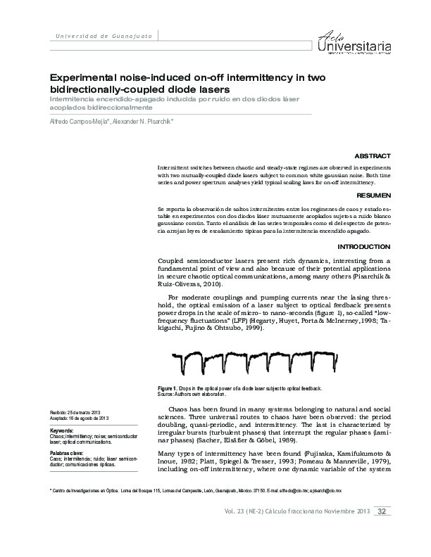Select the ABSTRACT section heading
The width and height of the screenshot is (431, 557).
click(x=373, y=155)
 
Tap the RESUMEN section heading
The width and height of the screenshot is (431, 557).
click(x=374, y=193)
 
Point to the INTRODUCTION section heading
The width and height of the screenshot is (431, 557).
click(x=363, y=247)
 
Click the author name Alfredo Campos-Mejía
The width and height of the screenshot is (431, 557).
click(x=77, y=121)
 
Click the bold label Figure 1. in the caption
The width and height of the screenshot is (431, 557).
click(x=168, y=389)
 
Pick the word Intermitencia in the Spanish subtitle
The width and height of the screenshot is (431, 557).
click(x=76, y=100)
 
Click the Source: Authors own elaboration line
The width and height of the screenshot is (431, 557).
click(x=204, y=395)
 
